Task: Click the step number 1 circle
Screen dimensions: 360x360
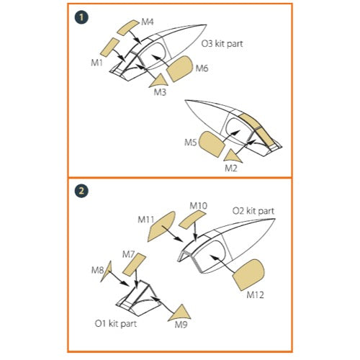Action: click(81, 17)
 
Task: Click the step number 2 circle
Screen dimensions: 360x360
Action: click(81, 191)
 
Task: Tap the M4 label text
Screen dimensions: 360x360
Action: click(148, 22)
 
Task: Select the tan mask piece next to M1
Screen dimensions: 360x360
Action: click(109, 46)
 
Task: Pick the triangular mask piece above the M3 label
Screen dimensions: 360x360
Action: click(159, 81)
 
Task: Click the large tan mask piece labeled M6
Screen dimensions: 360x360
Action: click(180, 69)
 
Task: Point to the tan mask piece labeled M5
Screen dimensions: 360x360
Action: click(212, 144)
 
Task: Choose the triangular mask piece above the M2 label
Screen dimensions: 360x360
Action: click(233, 156)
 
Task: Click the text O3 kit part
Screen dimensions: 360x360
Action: click(222, 44)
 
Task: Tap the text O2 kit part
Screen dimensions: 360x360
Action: click(253, 211)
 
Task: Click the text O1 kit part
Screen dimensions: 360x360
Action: click(116, 323)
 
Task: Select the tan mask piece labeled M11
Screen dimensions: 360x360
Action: click(161, 226)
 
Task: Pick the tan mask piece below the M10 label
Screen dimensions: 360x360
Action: click(192, 220)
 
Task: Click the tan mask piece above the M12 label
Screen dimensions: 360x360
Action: click(248, 275)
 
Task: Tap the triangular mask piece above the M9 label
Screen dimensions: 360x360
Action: click(180, 313)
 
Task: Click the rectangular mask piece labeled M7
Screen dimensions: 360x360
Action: click(134, 264)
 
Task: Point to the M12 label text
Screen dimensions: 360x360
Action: click(255, 294)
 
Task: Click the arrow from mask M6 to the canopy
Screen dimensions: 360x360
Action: click(161, 63)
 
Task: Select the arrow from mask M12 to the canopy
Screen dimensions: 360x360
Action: click(222, 264)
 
